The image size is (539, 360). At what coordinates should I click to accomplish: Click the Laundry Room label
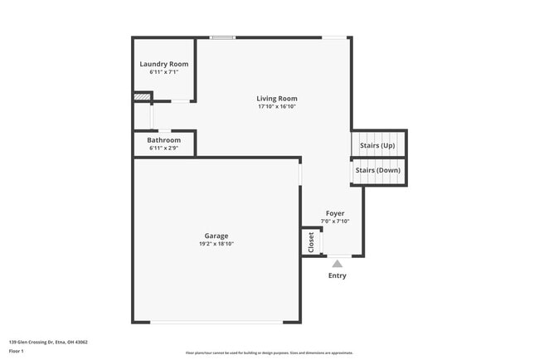pyautogui.click(x=163, y=64)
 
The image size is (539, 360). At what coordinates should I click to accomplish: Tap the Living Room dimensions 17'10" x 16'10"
pyautogui.click(x=276, y=107)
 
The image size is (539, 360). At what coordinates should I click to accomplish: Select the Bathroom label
pyautogui.click(x=163, y=140)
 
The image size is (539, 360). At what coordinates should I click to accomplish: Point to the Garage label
pyautogui.click(x=216, y=236)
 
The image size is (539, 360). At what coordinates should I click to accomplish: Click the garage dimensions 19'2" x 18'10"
pyautogui.click(x=216, y=244)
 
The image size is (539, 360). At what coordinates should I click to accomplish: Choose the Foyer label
pyautogui.click(x=335, y=213)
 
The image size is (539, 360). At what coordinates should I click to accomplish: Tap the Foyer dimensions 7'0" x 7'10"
pyautogui.click(x=335, y=221)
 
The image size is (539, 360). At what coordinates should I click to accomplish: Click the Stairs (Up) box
pyautogui.click(x=378, y=145)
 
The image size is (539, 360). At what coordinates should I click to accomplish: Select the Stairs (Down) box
pyautogui.click(x=378, y=171)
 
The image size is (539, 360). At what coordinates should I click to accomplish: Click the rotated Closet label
pyautogui.click(x=312, y=242)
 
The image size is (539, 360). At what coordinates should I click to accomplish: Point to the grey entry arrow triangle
pyautogui.click(x=337, y=264)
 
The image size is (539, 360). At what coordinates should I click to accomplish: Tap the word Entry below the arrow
pyautogui.click(x=337, y=275)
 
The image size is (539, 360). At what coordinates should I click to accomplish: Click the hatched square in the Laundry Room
pyautogui.click(x=142, y=96)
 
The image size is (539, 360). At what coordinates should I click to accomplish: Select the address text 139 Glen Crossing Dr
pyautogui.click(x=48, y=342)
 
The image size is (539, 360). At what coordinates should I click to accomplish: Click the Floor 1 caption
pyautogui.click(x=17, y=351)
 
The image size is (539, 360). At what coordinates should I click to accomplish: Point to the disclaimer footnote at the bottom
pyautogui.click(x=269, y=353)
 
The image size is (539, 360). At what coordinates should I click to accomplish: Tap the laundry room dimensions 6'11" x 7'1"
pyautogui.click(x=163, y=72)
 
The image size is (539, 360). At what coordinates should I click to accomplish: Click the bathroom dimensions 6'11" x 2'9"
pyautogui.click(x=163, y=148)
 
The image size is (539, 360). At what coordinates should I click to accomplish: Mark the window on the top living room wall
pyautogui.click(x=222, y=37)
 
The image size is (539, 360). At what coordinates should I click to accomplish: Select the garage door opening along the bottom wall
pyautogui.click(x=216, y=322)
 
